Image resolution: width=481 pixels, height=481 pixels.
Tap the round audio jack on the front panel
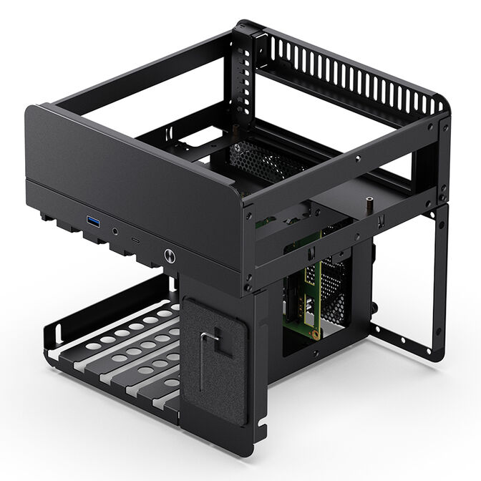point(115,230)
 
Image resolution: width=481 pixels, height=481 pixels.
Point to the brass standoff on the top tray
point(369,205)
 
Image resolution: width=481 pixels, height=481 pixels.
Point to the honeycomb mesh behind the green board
point(334,286)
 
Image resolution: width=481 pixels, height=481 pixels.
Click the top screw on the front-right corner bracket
point(248,214)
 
